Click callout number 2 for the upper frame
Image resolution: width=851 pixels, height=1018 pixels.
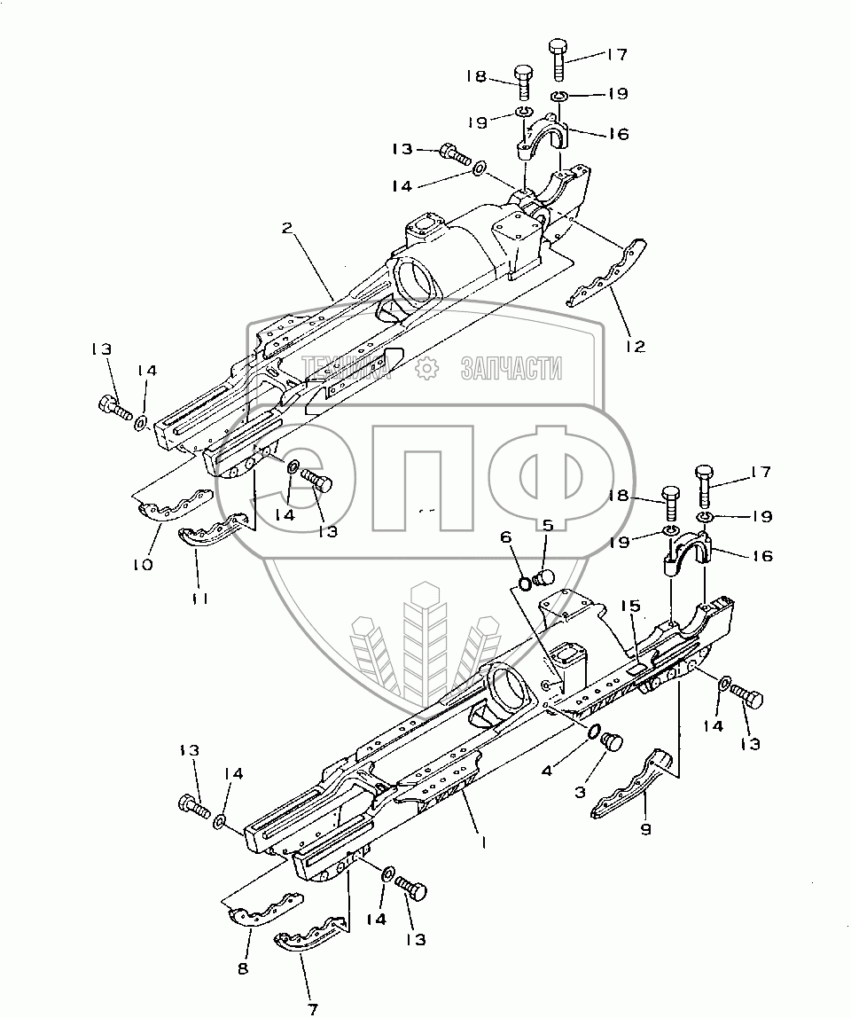(287, 229)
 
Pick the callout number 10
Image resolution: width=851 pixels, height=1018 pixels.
(143, 564)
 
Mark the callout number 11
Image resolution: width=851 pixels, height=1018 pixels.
(200, 599)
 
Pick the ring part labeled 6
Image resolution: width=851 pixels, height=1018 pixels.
(526, 583)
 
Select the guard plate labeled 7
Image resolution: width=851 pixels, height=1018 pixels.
(310, 936)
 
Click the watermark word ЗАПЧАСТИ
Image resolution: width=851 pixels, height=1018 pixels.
(511, 366)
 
